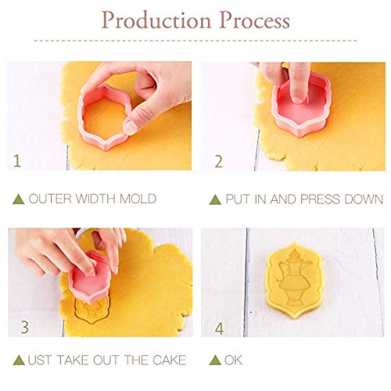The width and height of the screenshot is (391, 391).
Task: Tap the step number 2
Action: coord(219,162)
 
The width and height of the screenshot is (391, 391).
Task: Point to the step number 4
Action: coord(219,328)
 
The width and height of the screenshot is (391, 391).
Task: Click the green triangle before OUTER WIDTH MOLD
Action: coord(18,199)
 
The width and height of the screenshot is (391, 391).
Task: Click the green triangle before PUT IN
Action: coord(215,199)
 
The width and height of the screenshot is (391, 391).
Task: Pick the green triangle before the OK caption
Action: coord(215,360)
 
